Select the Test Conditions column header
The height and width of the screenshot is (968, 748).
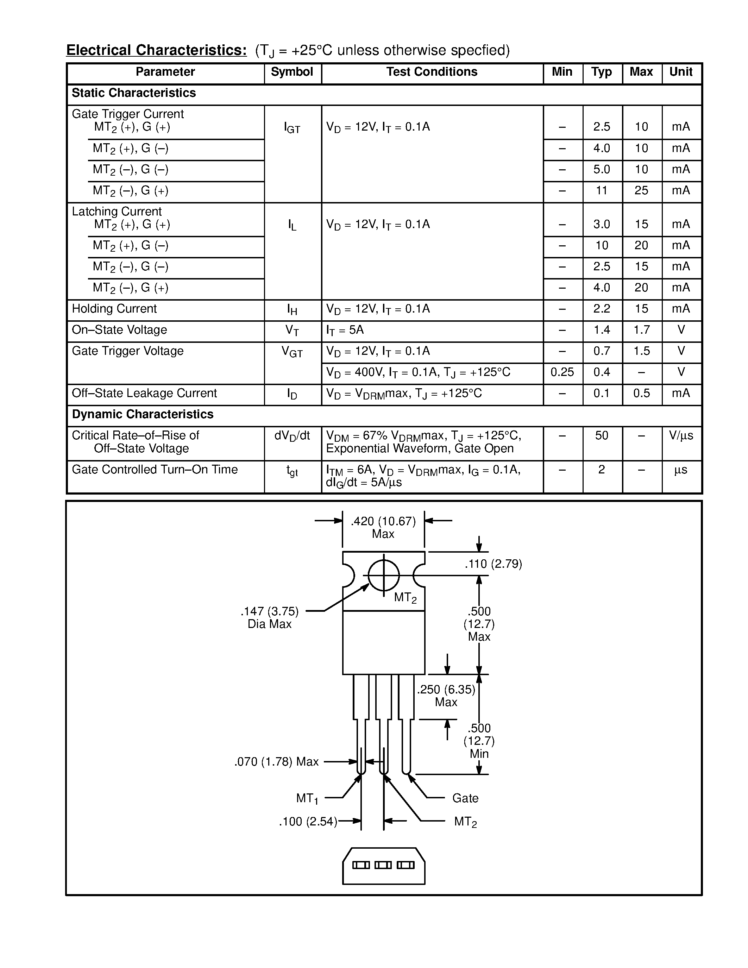tap(432, 72)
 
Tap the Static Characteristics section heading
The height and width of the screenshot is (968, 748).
tap(133, 93)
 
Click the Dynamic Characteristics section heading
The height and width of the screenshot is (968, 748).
tap(142, 414)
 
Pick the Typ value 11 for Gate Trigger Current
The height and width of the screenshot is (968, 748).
tap(601, 190)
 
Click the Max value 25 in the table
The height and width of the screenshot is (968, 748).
tap(641, 190)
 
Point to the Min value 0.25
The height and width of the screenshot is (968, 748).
tap(562, 372)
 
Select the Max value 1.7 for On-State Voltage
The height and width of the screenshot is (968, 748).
tap(641, 330)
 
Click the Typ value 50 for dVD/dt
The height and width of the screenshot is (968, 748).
tap(601, 436)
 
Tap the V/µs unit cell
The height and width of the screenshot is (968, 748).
tap(681, 436)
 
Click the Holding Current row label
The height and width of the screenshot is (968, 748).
tap(114, 309)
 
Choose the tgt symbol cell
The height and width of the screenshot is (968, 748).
tap(292, 471)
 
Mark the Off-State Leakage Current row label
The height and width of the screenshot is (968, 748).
tap(144, 394)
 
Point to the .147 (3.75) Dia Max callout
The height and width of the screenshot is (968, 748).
tap(269, 618)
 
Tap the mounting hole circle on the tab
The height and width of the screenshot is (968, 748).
tap(384, 575)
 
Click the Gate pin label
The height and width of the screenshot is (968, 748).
tap(465, 799)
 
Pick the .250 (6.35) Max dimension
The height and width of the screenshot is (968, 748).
tap(446, 696)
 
